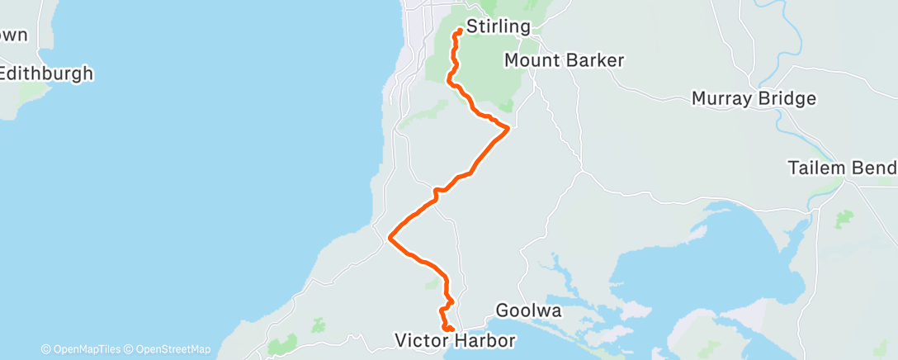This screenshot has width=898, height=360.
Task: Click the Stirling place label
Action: [x=498, y=26]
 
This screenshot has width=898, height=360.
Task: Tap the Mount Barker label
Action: [x=564, y=60]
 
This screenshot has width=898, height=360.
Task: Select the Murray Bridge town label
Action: [x=754, y=99]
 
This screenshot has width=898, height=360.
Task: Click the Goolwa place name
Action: [x=529, y=311]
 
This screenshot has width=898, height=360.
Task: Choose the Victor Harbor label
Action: [x=455, y=340]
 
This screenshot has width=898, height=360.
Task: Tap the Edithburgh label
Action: [x=46, y=73]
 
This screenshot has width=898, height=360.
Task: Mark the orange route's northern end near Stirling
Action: [x=458, y=32]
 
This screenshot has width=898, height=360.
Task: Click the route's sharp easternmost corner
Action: [x=508, y=127]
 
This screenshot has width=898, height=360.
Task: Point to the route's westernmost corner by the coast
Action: [x=390, y=238]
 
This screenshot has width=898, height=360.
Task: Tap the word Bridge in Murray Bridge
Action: [x=787, y=99]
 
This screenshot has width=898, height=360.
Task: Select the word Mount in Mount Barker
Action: [x=530, y=60]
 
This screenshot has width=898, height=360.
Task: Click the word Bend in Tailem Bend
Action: [x=877, y=168]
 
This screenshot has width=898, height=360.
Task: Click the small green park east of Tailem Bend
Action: [x=844, y=219]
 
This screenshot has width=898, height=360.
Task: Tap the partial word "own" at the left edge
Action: [x=14, y=36]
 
